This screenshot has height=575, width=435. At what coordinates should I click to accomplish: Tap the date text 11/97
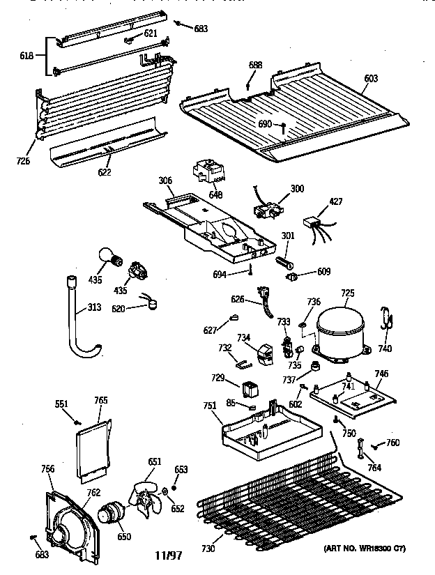(x=168, y=555)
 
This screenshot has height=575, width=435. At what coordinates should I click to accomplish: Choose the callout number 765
(x=100, y=400)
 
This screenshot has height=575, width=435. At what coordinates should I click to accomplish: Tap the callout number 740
(x=385, y=349)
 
